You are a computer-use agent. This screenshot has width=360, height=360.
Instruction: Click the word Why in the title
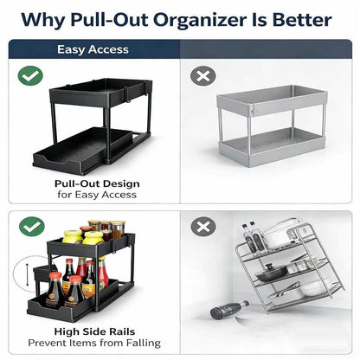click(x=43, y=20)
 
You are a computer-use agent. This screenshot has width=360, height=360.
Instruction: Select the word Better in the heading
click(x=302, y=20)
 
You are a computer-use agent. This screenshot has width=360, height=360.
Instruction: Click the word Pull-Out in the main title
click(x=110, y=20)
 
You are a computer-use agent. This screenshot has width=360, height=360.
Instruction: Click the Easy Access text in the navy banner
click(x=93, y=49)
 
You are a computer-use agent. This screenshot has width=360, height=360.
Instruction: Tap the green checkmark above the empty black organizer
click(x=30, y=76)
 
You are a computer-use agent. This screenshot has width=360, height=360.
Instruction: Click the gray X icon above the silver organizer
click(x=203, y=76)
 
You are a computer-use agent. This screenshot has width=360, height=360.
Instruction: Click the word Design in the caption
click(x=121, y=183)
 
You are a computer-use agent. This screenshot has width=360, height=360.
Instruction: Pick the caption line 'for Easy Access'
click(x=97, y=195)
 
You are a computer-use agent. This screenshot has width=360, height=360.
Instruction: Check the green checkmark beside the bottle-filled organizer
click(x=32, y=227)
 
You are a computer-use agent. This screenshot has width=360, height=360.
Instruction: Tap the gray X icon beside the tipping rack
click(x=203, y=227)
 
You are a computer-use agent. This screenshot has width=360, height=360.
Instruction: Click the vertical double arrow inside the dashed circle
click(x=27, y=274)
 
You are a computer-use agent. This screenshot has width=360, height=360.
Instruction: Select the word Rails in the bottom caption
click(x=121, y=331)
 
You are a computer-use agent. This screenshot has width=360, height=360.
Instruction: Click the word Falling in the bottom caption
click(x=144, y=344)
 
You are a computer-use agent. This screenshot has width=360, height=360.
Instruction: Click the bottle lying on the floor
click(x=229, y=309)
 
